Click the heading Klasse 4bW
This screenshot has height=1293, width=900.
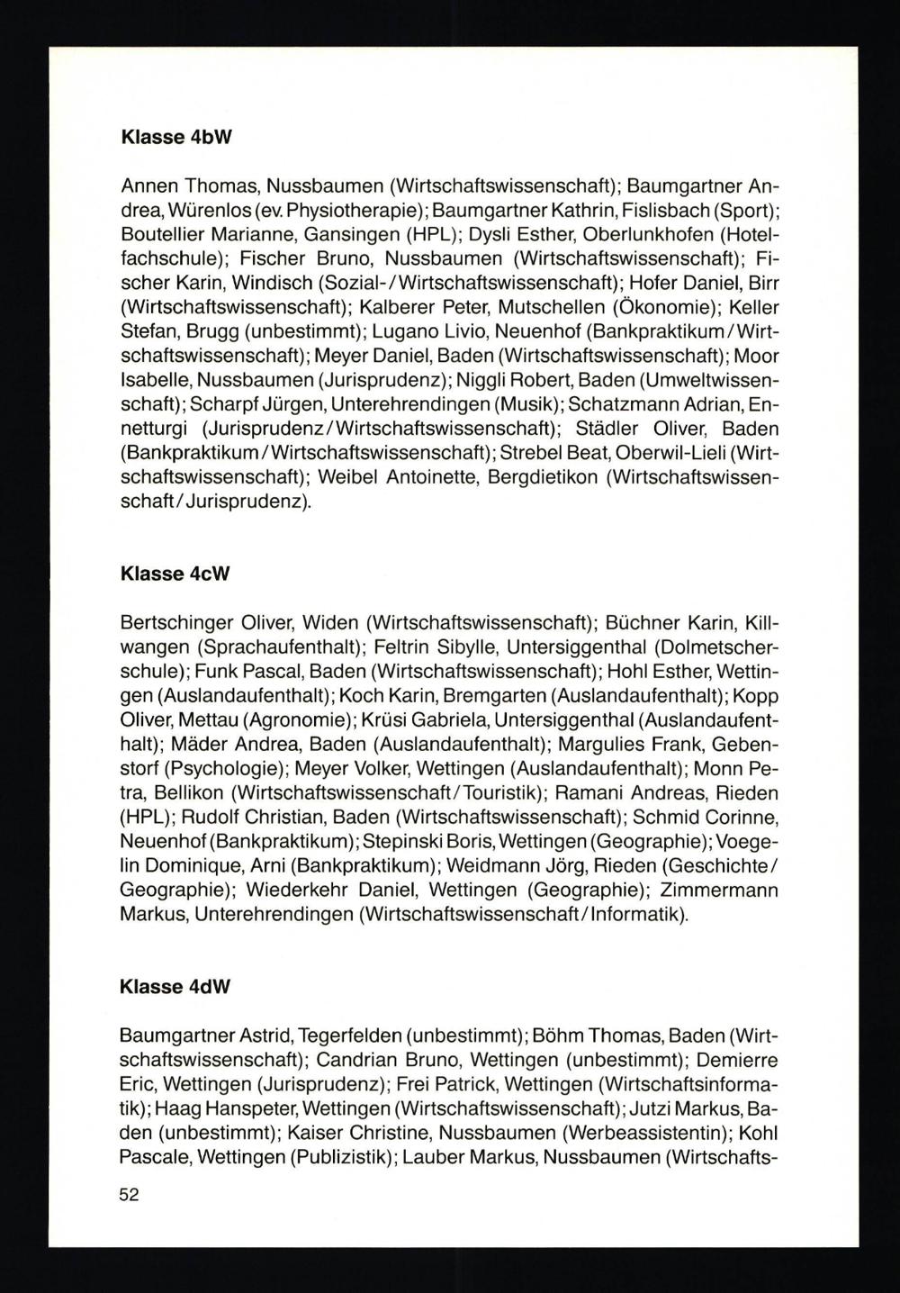click(x=175, y=140)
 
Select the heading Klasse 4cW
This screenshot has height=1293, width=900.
click(x=175, y=573)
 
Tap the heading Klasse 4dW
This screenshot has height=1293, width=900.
click(x=175, y=986)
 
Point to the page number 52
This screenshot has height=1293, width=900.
click(x=130, y=1195)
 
